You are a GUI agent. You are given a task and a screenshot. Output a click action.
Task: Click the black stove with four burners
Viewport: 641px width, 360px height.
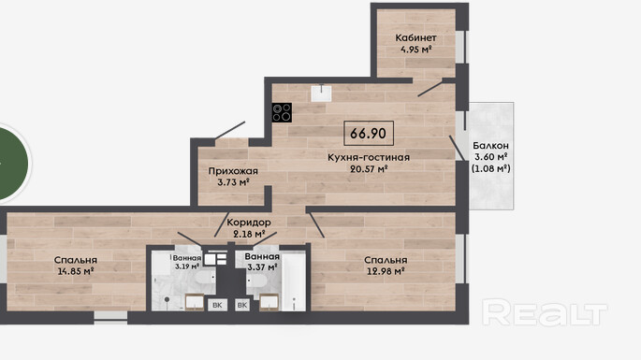tap(282, 112)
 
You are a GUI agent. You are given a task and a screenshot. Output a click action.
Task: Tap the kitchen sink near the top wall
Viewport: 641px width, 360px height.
tap(321, 94)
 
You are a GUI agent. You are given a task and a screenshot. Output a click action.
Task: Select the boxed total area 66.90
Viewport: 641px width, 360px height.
tap(369, 133)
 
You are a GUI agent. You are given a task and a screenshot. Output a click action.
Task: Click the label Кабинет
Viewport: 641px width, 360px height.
tap(415, 38)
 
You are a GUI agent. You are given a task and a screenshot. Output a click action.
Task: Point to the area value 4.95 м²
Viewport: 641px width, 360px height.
tap(415, 50)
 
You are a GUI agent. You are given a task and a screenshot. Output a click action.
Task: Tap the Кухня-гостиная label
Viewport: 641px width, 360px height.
tap(369, 157)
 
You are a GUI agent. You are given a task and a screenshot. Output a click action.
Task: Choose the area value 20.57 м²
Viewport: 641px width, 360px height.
tap(369, 168)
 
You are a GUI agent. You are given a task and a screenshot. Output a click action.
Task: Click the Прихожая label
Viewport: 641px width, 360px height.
tap(233, 171)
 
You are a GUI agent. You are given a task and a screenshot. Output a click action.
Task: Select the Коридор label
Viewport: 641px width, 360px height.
tap(249, 223)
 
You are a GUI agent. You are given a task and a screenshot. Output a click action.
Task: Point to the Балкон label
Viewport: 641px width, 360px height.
tap(490, 146)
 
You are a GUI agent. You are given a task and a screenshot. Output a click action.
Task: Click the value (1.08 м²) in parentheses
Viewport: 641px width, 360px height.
tap(491, 168)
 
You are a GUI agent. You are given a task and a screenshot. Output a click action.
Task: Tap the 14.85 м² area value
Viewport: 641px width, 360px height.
tap(76, 271)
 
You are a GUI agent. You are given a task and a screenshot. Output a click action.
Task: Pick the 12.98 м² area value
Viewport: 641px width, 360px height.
tap(386, 271)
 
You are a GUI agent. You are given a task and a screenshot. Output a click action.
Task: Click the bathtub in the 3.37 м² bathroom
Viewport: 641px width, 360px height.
tap(294, 281)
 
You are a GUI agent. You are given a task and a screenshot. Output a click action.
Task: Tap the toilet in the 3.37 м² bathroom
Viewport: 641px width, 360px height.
tap(256, 281)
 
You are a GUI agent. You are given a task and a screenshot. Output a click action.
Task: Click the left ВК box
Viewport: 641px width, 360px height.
tap(217, 305)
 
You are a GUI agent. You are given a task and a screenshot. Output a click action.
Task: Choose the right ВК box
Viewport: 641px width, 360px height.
tap(242, 305)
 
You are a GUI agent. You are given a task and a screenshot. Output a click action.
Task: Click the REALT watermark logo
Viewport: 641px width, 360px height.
tap(545, 312)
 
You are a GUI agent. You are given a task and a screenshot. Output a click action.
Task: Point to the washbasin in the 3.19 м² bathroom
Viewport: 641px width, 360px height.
tap(195, 302)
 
